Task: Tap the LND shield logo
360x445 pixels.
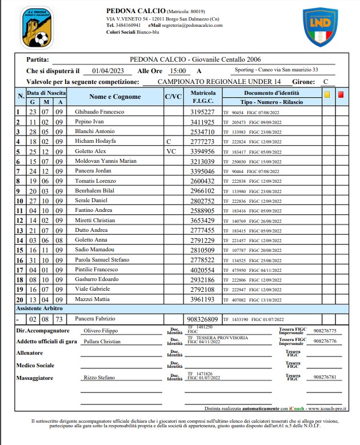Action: [x=321, y=26]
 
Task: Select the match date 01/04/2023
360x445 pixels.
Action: [x=107, y=71]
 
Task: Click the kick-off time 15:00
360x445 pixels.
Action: [x=178, y=71]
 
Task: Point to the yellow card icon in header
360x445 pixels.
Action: [x=327, y=95]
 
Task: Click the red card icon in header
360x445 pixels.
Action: [x=341, y=95]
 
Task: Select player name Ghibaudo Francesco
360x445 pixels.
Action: [x=99, y=112]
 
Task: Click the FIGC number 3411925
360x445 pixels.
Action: [x=202, y=122]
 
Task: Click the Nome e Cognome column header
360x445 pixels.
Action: [x=115, y=97]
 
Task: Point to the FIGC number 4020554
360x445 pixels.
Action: [x=202, y=270]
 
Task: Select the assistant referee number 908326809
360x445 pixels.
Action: [x=202, y=319]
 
